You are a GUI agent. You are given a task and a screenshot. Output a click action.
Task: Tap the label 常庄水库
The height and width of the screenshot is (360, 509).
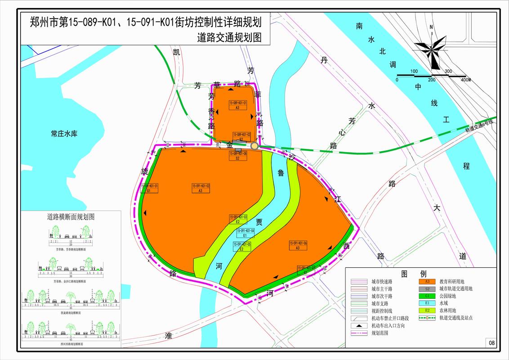coord(64,134)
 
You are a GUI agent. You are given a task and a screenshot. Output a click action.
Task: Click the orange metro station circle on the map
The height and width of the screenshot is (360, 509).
coord(254,146)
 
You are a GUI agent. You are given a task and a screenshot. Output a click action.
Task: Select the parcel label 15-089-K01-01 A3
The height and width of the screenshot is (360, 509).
coord(238,105)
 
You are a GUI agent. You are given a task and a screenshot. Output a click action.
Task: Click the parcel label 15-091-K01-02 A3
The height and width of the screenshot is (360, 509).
coord(201,188)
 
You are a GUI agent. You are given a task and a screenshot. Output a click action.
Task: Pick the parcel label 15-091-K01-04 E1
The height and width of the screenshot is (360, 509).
coord(246,233)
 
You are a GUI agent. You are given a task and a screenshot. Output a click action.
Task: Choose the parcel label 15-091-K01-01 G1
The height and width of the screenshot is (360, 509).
coord(150,188)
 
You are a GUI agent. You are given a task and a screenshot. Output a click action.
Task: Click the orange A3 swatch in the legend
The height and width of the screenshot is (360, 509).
coord(427,281)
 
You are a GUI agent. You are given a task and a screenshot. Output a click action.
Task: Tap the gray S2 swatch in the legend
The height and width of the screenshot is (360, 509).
coord(427,288)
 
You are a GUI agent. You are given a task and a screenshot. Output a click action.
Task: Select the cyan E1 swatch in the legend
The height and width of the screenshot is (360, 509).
coord(427,303)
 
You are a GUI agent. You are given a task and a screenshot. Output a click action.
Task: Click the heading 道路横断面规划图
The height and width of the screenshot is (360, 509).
coord(71,216)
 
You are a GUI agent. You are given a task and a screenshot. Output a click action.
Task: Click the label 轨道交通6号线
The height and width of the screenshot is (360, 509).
coord(479,126)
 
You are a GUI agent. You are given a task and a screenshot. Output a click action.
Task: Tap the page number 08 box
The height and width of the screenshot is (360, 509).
coord(491,343)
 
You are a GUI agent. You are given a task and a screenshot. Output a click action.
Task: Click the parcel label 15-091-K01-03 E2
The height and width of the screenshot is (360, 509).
coord(238,219)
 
